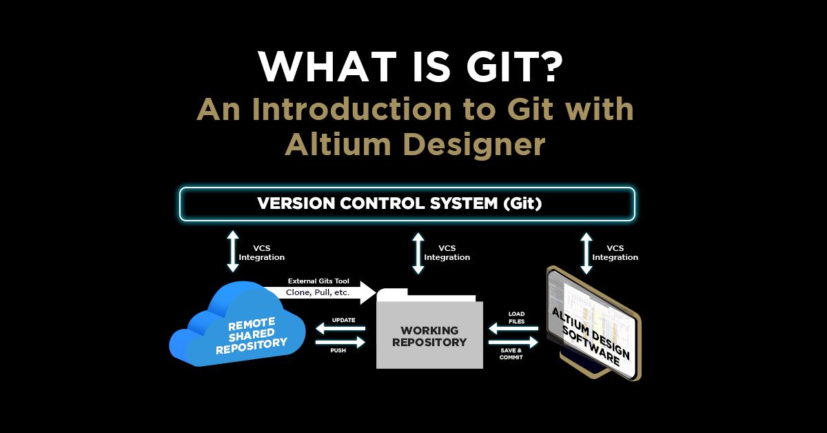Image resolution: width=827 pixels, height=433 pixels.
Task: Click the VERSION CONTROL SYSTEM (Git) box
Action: point(407,204)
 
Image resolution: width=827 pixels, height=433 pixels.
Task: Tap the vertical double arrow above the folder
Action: point(417,252)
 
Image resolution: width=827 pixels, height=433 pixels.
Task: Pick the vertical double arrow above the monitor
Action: point(586,252)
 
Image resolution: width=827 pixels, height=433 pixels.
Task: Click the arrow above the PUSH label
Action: point(340,342)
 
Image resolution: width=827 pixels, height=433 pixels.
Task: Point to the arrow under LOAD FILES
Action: point(513,329)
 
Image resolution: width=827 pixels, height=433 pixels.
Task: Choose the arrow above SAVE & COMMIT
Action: point(513,342)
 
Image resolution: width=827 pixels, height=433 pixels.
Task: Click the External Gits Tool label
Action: point(319,281)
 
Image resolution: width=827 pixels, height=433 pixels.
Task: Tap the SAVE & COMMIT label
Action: point(511,354)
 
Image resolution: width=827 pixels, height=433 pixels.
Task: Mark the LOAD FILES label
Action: point(516,317)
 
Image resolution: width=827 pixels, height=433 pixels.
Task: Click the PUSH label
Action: point(339,350)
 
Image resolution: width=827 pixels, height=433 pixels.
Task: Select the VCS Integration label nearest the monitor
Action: point(615,252)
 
